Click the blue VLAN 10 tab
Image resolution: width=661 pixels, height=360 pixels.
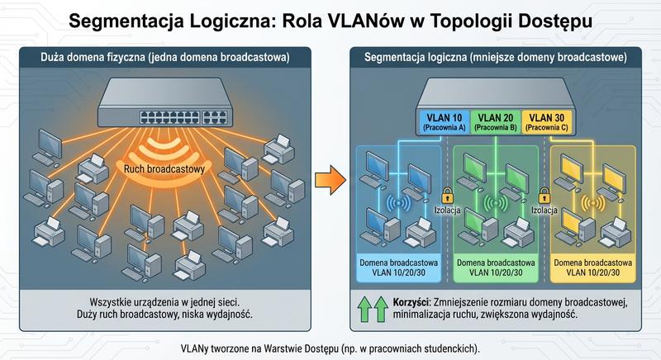click(445, 121)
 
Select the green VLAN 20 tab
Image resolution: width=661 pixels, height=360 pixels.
click(496, 121)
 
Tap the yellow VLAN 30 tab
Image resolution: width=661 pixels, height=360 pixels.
click(547, 121)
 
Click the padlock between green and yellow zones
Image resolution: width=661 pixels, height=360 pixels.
click(544, 196)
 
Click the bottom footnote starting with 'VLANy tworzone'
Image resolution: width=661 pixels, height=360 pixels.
click(330, 345)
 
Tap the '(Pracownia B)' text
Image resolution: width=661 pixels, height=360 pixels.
click(496, 129)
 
